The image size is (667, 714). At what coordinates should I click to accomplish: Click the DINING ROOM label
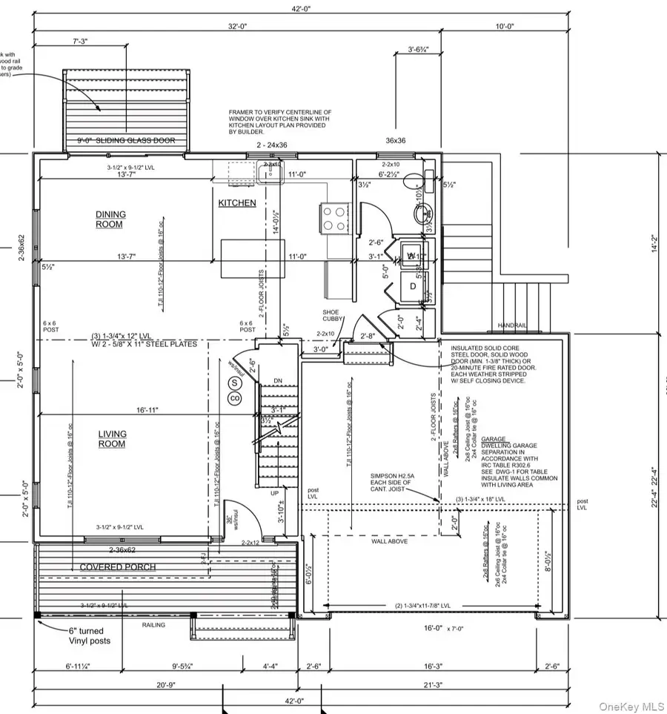click(110, 219)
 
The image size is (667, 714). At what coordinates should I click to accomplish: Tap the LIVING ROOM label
click(113, 439)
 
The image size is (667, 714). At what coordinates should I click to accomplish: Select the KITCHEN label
click(237, 203)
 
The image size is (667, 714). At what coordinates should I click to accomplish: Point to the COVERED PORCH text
click(118, 567)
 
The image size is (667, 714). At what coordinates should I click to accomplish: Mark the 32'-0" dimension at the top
click(237, 26)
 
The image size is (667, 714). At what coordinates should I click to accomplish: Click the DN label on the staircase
click(279, 382)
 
